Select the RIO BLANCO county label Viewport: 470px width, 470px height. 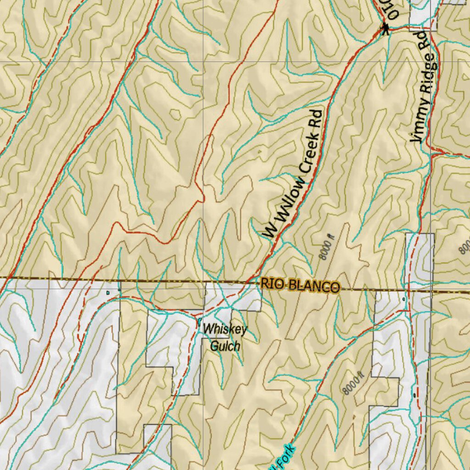click(x=300, y=285)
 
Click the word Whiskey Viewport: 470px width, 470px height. click(x=225, y=330)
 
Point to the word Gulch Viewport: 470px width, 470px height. click(x=225, y=346)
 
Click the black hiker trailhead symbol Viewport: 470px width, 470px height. click(x=385, y=30)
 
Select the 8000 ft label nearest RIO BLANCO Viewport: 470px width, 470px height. click(x=328, y=247)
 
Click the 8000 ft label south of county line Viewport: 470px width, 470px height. click(x=353, y=383)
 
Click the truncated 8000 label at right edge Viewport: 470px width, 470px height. click(x=464, y=248)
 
